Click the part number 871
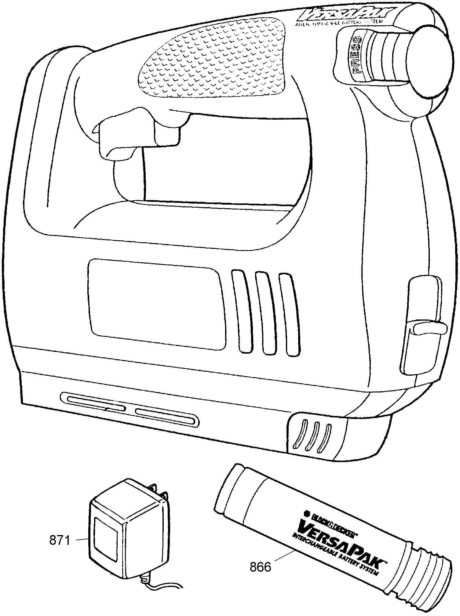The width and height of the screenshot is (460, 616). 60,541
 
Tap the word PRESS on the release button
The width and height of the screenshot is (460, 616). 356,56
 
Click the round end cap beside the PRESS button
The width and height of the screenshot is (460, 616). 429,61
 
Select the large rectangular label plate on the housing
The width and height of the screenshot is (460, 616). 156,304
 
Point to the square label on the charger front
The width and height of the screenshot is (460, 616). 105,539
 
